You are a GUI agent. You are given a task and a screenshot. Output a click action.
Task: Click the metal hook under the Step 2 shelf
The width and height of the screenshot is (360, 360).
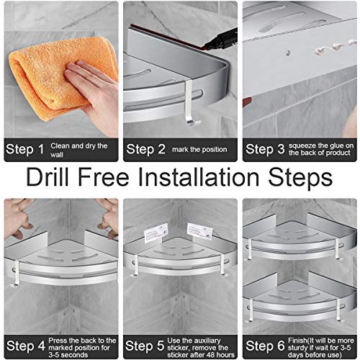point(190,103)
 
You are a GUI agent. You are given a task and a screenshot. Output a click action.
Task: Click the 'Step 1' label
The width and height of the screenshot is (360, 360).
point(24,149)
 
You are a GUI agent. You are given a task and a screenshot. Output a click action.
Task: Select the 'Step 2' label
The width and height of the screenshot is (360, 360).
point(145,149)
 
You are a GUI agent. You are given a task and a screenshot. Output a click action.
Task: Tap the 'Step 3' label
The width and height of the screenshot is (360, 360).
point(265,149)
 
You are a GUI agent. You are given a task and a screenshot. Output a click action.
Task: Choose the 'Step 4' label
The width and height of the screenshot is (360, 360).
point(25,346)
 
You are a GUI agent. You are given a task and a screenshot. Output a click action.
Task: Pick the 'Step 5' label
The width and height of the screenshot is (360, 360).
point(145,346)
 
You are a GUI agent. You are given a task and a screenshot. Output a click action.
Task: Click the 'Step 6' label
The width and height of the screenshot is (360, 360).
point(265,346)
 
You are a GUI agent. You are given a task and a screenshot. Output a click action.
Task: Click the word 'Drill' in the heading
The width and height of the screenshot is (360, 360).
point(48,177)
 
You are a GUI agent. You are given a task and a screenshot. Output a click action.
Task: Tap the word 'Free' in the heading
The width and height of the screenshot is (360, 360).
point(104,177)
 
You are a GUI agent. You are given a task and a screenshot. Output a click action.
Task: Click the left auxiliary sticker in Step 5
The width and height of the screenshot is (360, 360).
point(156,233)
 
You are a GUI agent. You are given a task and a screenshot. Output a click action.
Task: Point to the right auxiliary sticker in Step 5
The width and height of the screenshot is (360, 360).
point(200,231)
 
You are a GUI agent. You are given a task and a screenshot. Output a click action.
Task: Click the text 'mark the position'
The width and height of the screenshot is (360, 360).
point(199,150)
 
